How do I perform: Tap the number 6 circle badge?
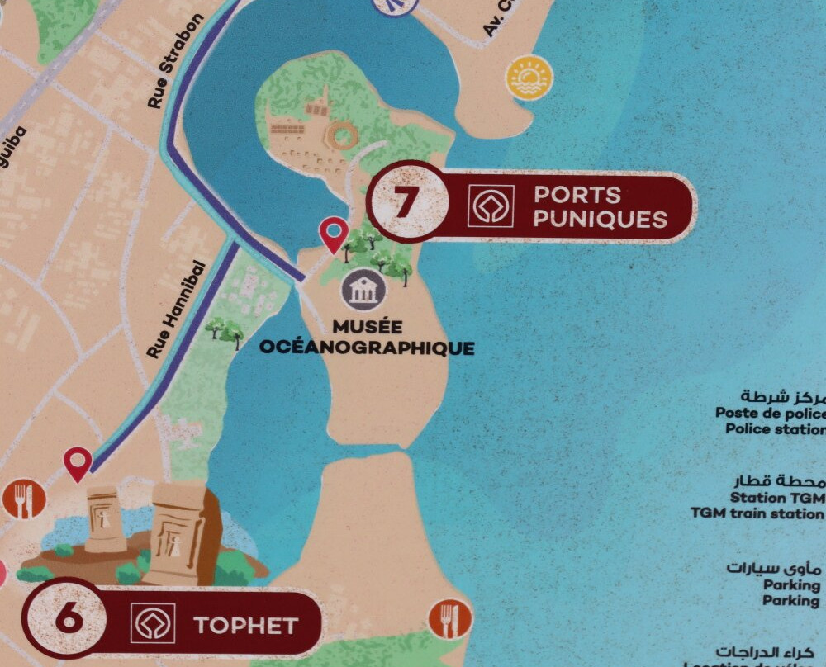point(68,617)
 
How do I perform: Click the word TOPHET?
point(245,625)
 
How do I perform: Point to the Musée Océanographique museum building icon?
point(363,290)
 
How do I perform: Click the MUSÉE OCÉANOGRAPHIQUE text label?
point(368,338)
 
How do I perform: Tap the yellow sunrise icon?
point(529,78)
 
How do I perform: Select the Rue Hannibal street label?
point(176,310)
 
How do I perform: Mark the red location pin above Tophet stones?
point(78,463)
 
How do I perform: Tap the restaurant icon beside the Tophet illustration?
point(23,499)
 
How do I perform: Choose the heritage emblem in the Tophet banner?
point(153,623)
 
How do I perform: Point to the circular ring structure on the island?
point(339,135)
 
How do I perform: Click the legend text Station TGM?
point(776,498)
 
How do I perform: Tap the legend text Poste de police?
point(770,413)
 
